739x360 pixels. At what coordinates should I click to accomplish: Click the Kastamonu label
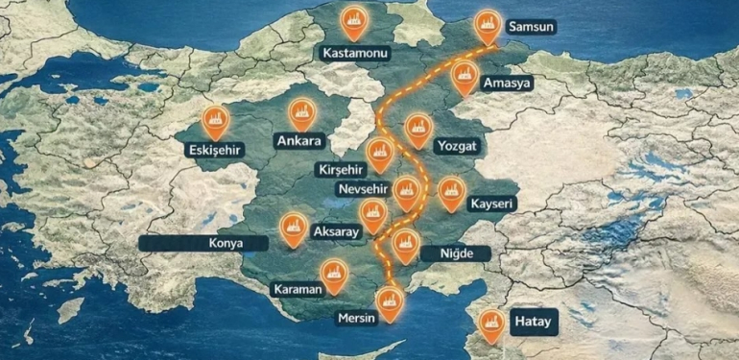pyautogui.click(x=356, y=53)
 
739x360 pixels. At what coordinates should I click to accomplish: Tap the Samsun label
pyautogui.click(x=531, y=27)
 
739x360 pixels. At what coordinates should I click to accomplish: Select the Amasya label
pyautogui.click(x=508, y=84)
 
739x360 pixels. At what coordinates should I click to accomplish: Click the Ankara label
pyautogui.click(x=299, y=141)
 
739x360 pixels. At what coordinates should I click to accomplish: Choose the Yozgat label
pyautogui.click(x=456, y=146)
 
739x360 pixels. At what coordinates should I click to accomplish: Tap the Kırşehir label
pyautogui.click(x=340, y=169)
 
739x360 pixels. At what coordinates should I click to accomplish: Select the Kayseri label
pyautogui.click(x=492, y=204)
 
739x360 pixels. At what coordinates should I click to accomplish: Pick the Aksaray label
pyautogui.click(x=335, y=232)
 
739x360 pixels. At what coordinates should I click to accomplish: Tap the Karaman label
pyautogui.click(x=297, y=289)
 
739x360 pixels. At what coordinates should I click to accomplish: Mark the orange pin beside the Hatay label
pyautogui.click(x=493, y=324)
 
